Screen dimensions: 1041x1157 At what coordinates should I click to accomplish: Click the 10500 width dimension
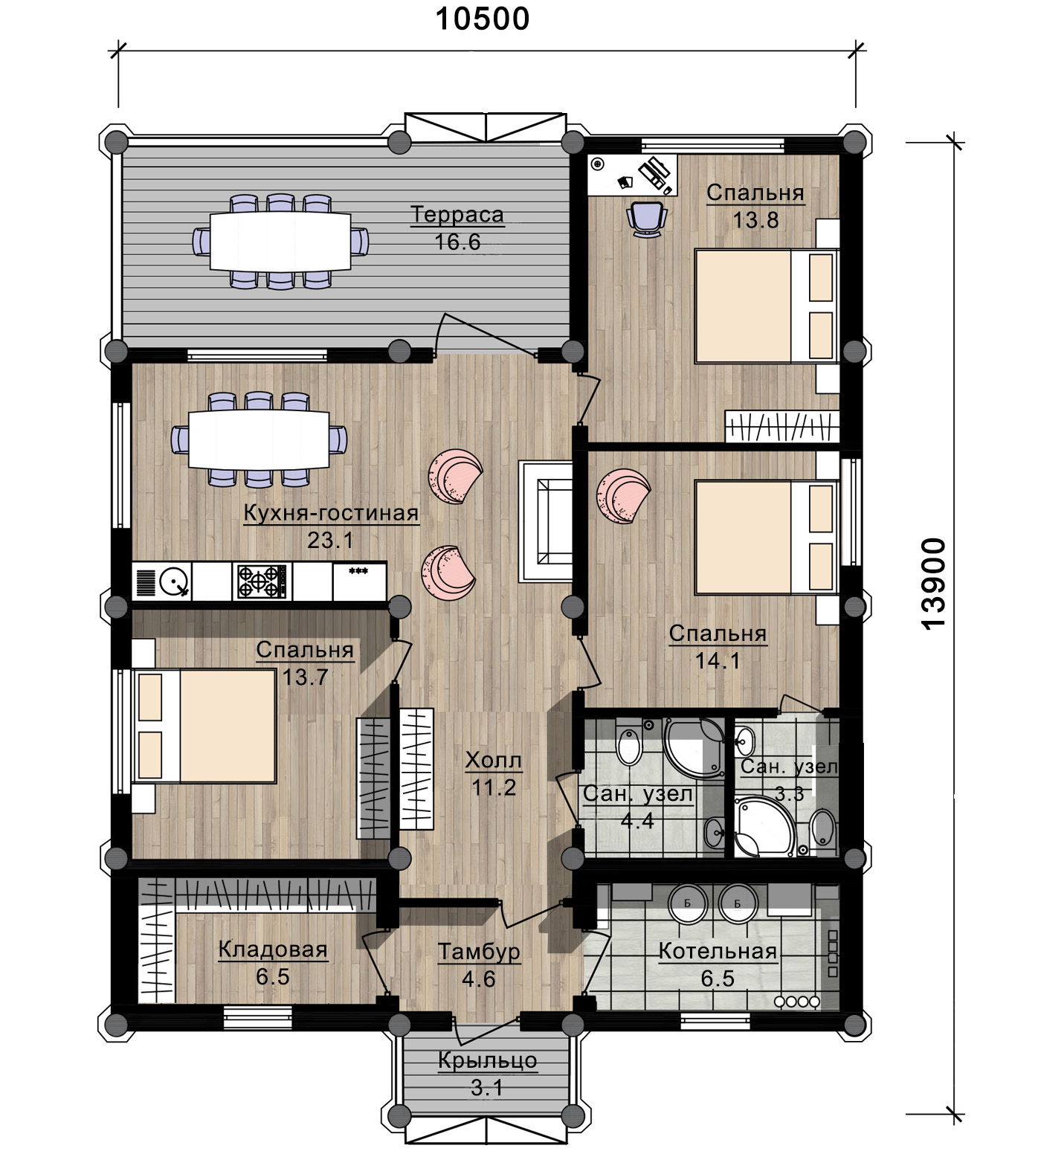pyautogui.click(x=482, y=19)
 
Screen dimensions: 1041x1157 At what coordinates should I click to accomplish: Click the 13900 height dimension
pyautogui.click(x=933, y=584)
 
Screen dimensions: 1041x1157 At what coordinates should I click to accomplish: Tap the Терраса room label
pyautogui.click(x=457, y=215)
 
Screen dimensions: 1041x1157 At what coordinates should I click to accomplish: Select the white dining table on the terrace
pyautogui.click(x=280, y=241)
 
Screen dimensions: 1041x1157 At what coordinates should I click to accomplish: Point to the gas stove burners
pyautogui.click(x=261, y=581)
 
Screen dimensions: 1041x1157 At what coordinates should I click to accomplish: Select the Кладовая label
pyautogui.click(x=273, y=950)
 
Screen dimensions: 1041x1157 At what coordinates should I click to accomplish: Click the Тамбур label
pyautogui.click(x=479, y=952)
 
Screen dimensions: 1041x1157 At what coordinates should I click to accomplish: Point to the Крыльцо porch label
pyautogui.click(x=487, y=1060)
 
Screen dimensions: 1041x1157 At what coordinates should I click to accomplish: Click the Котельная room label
pyautogui.click(x=718, y=951)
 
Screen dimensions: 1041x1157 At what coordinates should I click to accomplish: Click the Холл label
pyautogui.click(x=493, y=760)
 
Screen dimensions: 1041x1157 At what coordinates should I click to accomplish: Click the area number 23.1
pyautogui.click(x=331, y=540)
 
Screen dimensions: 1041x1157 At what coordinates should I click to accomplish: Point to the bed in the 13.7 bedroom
pyautogui.click(x=205, y=726)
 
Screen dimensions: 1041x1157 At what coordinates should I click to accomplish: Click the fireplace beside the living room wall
pyautogui.click(x=547, y=521)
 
